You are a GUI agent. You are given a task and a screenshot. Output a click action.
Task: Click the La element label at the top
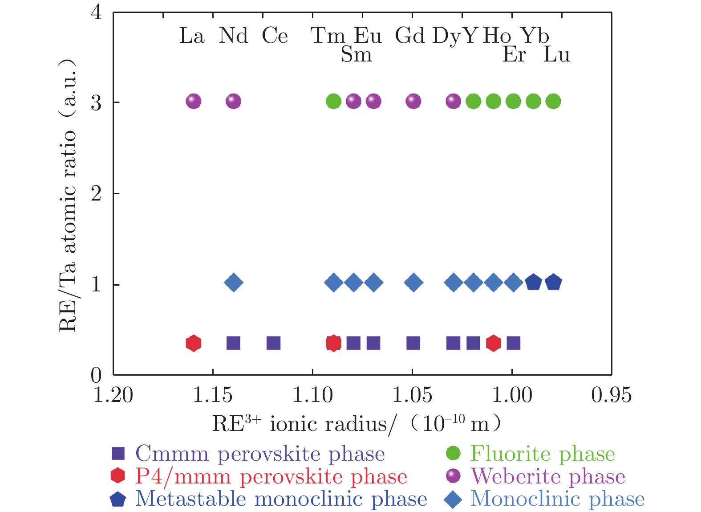(192, 36)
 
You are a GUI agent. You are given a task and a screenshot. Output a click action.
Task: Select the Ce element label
(275, 36)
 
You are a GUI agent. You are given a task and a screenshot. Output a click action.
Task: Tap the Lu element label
(557, 55)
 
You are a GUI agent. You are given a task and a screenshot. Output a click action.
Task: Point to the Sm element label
(356, 55)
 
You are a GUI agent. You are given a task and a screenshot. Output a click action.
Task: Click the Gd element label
(409, 36)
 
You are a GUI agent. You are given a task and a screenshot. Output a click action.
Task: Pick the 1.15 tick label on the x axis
(213, 395)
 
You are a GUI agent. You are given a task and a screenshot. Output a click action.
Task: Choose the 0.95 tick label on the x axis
(611, 395)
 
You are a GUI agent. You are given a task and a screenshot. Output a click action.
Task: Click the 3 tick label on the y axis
(96, 102)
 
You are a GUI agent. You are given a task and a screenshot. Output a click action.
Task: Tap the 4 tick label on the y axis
(96, 12)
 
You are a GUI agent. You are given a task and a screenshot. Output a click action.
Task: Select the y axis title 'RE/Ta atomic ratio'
(68, 196)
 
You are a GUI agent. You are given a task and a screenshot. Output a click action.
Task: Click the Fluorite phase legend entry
(542, 454)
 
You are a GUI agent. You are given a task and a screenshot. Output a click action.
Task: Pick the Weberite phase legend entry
(547, 476)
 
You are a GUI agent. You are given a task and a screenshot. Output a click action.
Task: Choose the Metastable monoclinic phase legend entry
(280, 499)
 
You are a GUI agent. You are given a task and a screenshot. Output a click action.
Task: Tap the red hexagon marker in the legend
(118, 476)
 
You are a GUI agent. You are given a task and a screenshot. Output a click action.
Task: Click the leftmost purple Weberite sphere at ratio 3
(193, 102)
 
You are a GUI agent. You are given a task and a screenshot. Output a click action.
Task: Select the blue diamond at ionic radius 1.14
(234, 283)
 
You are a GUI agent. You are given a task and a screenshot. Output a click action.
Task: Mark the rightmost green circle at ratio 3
(553, 102)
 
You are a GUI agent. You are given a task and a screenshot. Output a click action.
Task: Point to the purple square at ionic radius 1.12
(273, 343)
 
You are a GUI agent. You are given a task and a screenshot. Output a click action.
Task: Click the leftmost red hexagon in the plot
(193, 343)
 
